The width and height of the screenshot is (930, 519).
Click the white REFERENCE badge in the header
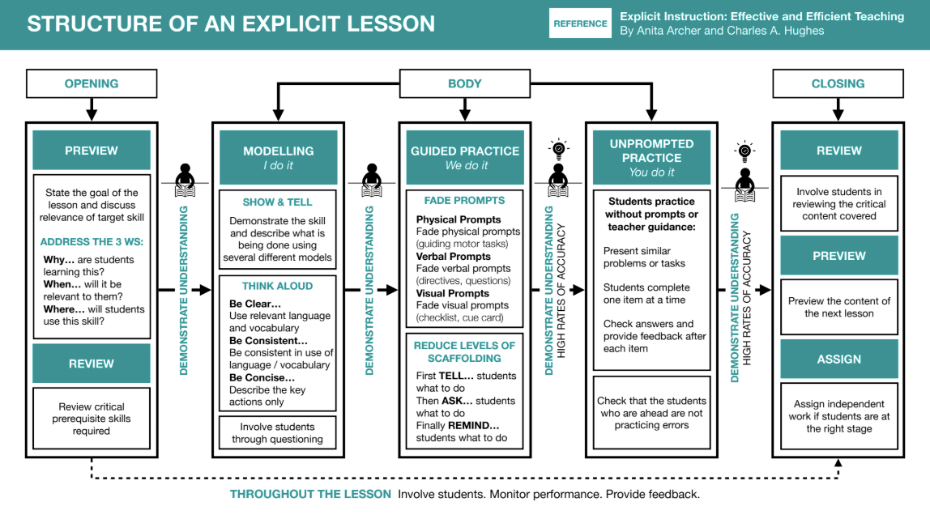point(580,23)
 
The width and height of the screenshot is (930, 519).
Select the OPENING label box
point(92,83)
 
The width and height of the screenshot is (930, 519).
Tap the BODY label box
point(464,83)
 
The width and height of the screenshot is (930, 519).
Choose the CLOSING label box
point(838,83)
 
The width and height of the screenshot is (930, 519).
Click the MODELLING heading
point(278,151)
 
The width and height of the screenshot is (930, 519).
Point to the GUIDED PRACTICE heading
point(465,151)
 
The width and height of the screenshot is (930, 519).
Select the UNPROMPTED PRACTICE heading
point(651,151)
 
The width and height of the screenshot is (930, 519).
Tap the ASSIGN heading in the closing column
point(838,359)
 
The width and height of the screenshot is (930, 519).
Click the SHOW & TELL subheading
point(278,202)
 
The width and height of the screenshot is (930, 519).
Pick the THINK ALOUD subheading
point(278,286)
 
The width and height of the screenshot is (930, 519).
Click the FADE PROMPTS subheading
point(465,200)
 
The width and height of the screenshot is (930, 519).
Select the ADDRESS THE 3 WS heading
point(87,242)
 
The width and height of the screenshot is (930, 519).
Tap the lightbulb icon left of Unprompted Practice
point(558,149)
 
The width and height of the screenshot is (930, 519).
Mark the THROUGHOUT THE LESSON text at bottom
point(310,494)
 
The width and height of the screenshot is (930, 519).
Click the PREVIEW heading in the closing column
point(838,255)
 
